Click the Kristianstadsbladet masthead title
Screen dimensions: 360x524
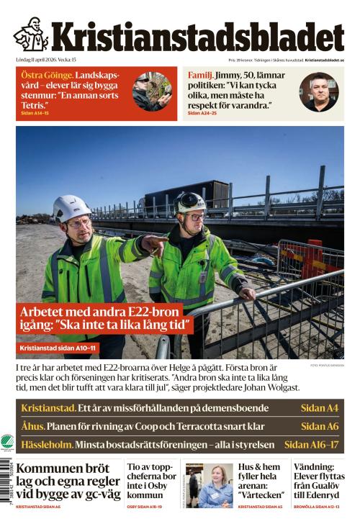[197, 37]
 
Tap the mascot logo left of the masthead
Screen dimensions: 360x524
[31, 35]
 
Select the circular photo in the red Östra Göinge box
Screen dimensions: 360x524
[152, 91]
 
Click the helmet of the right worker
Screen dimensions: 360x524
[189, 202]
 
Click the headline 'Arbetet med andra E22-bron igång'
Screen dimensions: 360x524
[106, 318]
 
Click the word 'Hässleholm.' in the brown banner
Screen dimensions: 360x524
[46, 445]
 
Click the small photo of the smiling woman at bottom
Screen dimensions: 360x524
[215, 486]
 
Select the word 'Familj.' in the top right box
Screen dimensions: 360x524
[199, 76]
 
